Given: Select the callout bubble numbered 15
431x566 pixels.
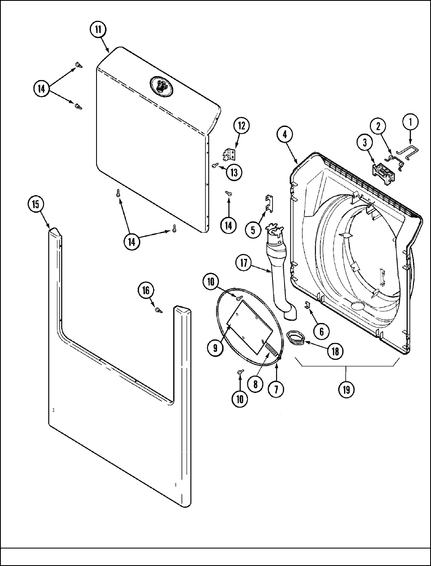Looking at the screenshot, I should [x=36, y=204].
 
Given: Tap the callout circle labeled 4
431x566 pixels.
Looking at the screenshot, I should [x=285, y=135].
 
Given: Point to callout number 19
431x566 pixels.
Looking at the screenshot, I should [x=346, y=390].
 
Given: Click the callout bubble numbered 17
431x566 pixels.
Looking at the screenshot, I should [x=244, y=263].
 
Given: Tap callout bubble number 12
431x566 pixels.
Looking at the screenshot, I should [x=241, y=126].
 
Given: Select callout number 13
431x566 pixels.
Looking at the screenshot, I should [x=234, y=172].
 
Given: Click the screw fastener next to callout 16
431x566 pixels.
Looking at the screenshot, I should [x=158, y=310].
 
